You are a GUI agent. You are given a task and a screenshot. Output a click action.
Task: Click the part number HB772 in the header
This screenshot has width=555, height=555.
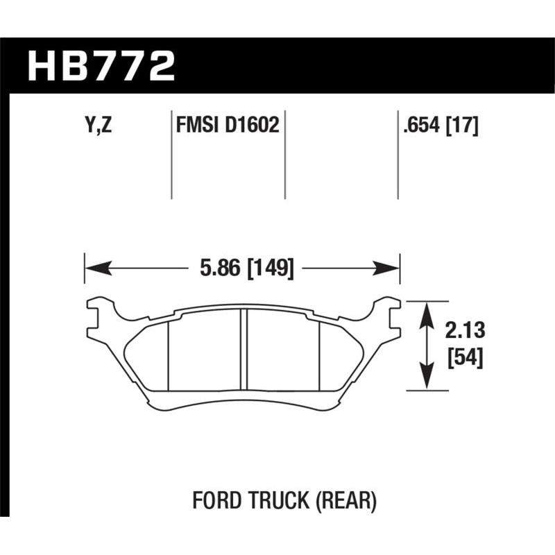[x=101, y=66]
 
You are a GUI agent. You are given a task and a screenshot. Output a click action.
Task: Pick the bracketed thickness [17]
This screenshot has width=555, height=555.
[x=463, y=126]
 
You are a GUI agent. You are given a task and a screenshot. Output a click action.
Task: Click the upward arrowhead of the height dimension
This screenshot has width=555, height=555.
[x=426, y=309]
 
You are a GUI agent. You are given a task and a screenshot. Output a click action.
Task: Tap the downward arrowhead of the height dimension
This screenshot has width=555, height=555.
[x=426, y=384]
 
